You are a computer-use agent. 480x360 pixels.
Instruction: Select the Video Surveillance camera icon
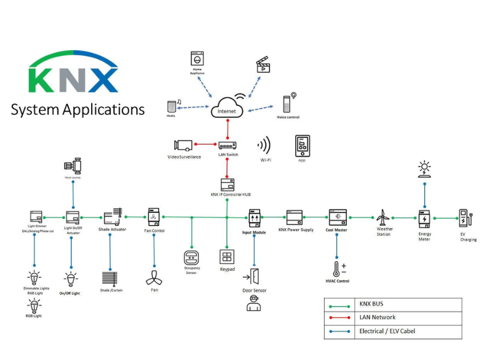pyautogui.click(x=183, y=145)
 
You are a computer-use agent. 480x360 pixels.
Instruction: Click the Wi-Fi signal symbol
pyautogui.click(x=265, y=146)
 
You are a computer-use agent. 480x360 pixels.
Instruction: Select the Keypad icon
pyautogui.click(x=227, y=257)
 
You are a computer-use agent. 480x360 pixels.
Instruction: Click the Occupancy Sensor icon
pyautogui.click(x=191, y=257)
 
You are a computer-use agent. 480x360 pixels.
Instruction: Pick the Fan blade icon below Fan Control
pyautogui.click(x=154, y=278)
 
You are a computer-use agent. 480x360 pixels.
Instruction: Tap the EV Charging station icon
pyautogui.click(x=466, y=217)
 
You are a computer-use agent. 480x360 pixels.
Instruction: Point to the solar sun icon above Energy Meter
pyautogui.click(x=425, y=169)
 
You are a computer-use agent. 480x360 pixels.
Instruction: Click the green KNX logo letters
pyautogui.click(x=73, y=80)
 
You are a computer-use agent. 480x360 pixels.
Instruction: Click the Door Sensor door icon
pyautogui.click(x=254, y=277)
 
